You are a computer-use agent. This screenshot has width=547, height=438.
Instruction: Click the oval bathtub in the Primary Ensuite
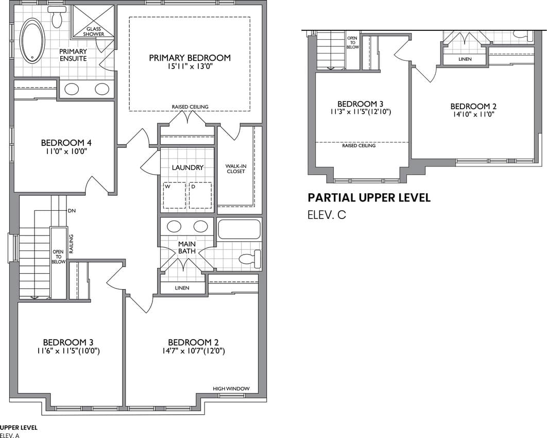click(x=32, y=41)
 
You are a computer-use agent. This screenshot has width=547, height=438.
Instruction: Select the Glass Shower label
click(x=94, y=31)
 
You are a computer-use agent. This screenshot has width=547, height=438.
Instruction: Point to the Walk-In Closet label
click(x=236, y=169)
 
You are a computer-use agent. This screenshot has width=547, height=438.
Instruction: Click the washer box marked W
click(x=175, y=195)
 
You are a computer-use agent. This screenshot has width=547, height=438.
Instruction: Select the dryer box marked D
click(x=200, y=195)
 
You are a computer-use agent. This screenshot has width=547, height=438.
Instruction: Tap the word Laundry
click(x=187, y=167)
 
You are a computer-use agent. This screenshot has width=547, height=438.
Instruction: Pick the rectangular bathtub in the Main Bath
click(x=239, y=229)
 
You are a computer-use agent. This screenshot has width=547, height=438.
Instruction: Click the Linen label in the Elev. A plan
click(x=182, y=288)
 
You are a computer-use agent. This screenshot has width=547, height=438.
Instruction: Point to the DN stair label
click(x=72, y=211)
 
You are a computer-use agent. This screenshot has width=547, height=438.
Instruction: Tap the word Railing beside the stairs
click(x=71, y=244)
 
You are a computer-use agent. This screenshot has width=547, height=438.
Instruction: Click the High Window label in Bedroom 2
click(x=231, y=389)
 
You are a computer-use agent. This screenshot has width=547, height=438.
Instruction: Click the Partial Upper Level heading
click(x=369, y=197)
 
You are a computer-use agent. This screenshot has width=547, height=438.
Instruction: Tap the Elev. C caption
click(x=327, y=215)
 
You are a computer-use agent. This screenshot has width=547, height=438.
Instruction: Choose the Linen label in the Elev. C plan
click(x=465, y=59)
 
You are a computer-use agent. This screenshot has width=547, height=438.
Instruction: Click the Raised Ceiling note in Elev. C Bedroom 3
click(x=358, y=145)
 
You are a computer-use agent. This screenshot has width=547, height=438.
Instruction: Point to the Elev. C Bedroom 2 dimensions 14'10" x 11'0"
click(x=473, y=114)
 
